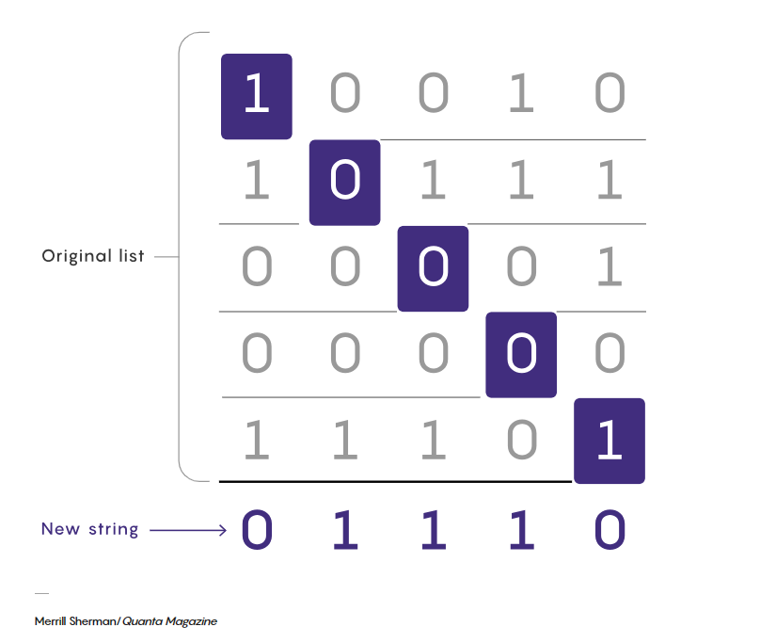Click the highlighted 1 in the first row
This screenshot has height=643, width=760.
coord(256,96)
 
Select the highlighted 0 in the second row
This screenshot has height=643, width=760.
coord(344,182)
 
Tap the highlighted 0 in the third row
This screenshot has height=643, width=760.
coord(433,268)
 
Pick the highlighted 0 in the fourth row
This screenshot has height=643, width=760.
coord(521,354)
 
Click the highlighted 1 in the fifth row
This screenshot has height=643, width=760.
coord(610,441)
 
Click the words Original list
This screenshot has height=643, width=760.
coord(93,256)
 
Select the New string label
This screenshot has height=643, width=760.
coord(89,529)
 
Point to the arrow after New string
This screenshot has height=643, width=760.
coord(188,530)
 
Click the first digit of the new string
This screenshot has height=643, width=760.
coord(257,530)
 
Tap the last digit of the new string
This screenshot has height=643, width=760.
coord(610,530)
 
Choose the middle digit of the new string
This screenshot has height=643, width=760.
coord(433,530)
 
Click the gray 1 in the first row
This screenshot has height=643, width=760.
coord(521,96)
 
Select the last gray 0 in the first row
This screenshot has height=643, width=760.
coord(610,96)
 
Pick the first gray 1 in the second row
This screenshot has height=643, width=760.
coord(256,182)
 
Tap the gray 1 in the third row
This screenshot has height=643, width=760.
coord(610,268)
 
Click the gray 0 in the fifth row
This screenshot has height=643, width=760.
coord(521,441)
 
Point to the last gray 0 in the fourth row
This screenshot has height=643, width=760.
coord(610,354)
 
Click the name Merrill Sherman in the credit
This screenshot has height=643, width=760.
coord(75,621)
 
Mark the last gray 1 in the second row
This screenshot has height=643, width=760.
coord(610,182)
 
